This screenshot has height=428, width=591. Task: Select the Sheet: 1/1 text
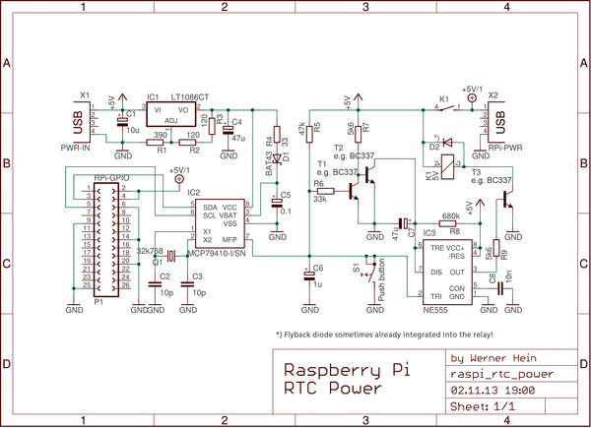coord(483,405)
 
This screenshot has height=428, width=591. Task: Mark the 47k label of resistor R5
coord(301,129)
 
